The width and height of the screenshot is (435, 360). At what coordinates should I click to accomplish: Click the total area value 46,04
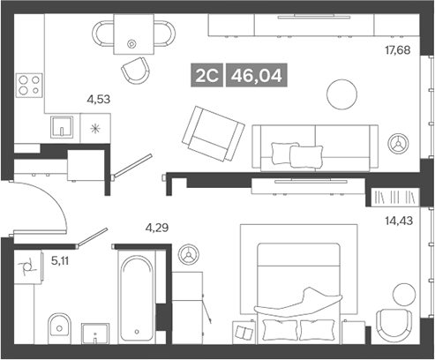click(256, 77)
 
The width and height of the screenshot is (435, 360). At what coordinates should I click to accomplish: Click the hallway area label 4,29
click(157, 228)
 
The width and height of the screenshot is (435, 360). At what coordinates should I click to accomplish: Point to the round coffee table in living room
click(341, 93)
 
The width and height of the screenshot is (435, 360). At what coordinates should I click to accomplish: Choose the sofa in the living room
click(313, 146)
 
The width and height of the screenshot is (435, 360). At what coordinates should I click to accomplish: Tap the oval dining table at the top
click(132, 36)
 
